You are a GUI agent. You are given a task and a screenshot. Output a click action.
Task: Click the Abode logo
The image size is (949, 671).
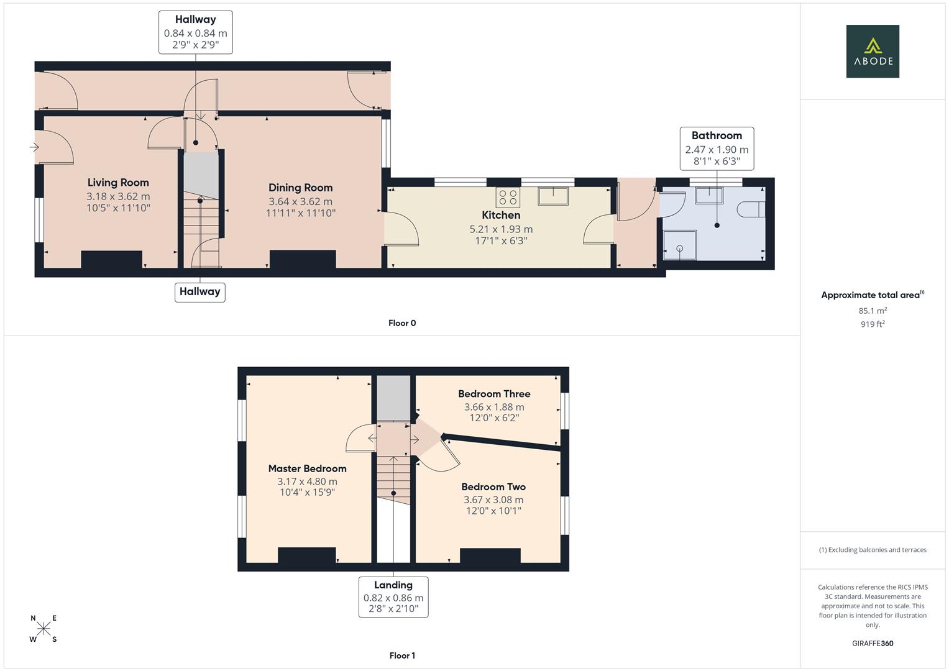click(x=872, y=52)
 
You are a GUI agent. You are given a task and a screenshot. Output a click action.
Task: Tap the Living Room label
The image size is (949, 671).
click(x=118, y=183)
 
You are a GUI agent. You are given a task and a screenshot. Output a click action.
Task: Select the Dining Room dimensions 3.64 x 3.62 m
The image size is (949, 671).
click(x=300, y=201)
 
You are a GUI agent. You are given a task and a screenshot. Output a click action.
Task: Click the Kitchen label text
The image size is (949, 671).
click(x=501, y=215)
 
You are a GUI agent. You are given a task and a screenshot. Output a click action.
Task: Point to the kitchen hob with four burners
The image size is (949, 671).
click(x=508, y=198)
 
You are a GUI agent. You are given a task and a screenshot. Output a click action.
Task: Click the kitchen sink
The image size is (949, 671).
click(x=554, y=196)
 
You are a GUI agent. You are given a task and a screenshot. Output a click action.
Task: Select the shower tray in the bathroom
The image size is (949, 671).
click(x=679, y=245)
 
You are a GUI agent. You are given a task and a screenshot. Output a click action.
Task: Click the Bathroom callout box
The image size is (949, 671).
click(x=717, y=148)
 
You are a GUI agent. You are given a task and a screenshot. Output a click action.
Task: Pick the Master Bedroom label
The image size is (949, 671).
click(x=307, y=468)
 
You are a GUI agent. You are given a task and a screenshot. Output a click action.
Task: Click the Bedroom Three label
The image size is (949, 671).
click(x=494, y=394)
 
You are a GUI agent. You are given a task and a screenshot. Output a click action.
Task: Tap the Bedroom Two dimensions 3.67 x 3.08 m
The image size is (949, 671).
click(x=493, y=500)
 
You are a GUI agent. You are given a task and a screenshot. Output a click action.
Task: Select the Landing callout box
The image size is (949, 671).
click(x=393, y=597)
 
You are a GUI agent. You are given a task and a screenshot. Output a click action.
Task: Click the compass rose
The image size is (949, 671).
click(x=44, y=629)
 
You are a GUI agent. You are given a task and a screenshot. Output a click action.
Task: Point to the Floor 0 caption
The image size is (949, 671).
click(x=402, y=323)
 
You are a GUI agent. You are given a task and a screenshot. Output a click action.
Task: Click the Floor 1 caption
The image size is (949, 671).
click(x=402, y=655)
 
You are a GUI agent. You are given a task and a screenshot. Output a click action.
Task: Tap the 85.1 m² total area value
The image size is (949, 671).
click(x=873, y=311)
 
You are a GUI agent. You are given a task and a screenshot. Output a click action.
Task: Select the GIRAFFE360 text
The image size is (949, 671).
click(x=873, y=643)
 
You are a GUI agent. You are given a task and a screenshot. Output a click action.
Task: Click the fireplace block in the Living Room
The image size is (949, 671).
click(x=111, y=260)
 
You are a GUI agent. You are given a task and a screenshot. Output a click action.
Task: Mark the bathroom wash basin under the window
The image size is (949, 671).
click(x=709, y=195)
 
